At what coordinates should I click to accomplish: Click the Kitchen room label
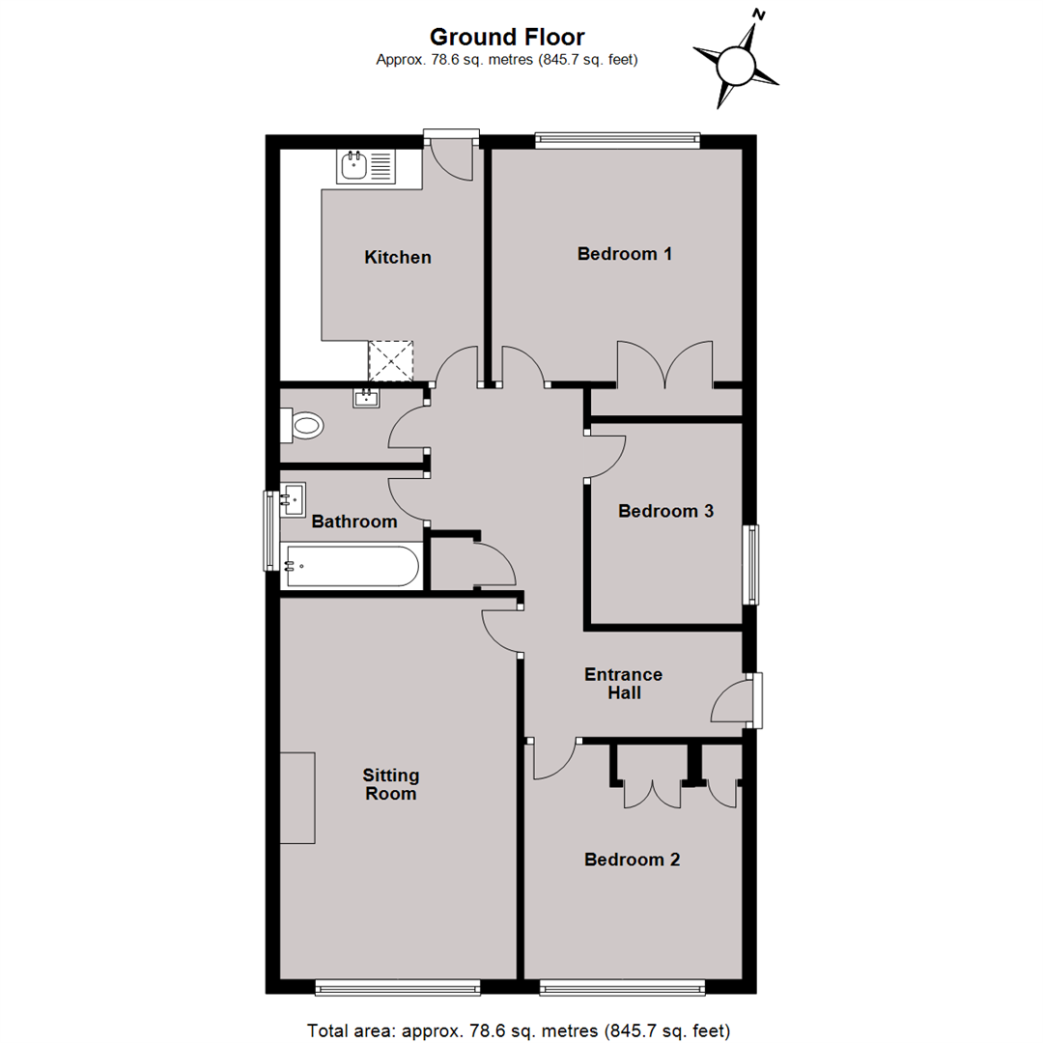(398, 258)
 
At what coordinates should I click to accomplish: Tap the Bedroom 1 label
(625, 253)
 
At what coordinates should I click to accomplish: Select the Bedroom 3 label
(665, 511)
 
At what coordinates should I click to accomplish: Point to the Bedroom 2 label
(632, 860)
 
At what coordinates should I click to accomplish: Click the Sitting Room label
(390, 784)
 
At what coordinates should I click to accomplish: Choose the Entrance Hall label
(623, 684)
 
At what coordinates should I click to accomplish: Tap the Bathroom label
(354, 521)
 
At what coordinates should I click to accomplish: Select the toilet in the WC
(302, 425)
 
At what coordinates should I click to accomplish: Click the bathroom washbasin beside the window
(293, 499)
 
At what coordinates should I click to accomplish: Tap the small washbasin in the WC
(366, 398)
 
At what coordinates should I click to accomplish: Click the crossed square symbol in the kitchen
(391, 361)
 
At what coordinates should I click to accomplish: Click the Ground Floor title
(507, 37)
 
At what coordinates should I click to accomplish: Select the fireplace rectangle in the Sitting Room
(297, 799)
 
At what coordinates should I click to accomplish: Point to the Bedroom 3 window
(751, 565)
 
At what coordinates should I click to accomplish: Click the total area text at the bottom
(519, 1030)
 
